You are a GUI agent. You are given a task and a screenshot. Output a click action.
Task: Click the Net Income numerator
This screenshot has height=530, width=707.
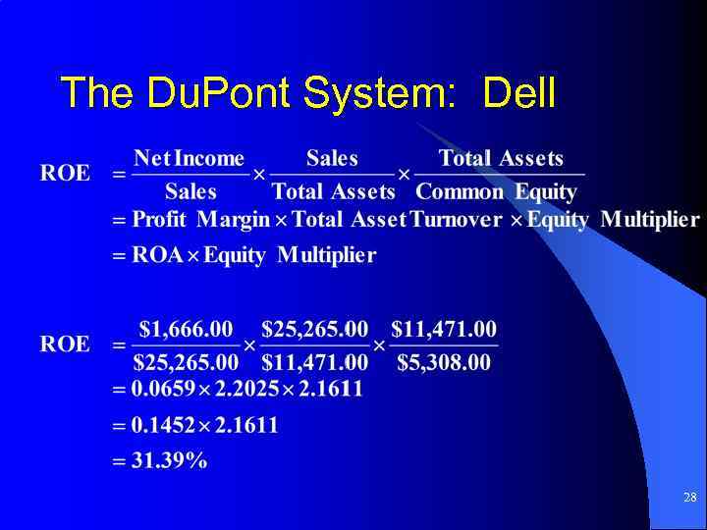(x=189, y=158)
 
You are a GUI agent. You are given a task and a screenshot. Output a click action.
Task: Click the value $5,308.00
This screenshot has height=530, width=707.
(x=444, y=362)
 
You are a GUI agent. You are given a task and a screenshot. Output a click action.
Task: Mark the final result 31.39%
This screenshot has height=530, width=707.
(x=170, y=461)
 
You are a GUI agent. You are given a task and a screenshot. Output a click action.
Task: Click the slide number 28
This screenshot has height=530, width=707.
(x=689, y=498)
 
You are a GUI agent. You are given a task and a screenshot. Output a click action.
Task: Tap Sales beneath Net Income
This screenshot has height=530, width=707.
(x=190, y=191)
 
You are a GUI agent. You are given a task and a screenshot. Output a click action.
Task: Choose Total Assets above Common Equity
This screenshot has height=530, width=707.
(x=501, y=158)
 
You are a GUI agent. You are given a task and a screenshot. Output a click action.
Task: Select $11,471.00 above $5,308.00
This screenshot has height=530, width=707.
(x=444, y=328)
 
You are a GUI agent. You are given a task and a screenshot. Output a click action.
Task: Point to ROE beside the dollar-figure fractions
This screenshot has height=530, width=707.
(x=65, y=344)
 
